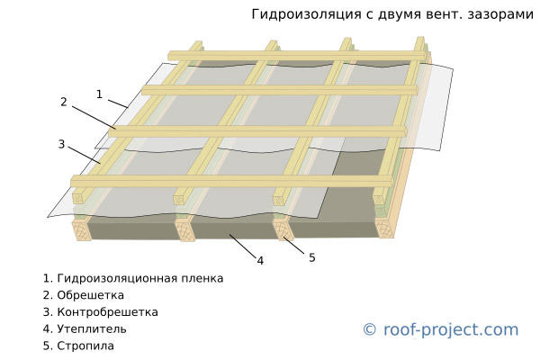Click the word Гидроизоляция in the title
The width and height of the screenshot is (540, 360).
coord(307,14)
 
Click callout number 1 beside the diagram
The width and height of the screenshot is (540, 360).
coord(99,94)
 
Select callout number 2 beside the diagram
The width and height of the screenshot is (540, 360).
coord(63,102)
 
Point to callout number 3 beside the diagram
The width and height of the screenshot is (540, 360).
coord(61,144)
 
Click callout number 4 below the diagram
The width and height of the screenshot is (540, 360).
coord(260,261)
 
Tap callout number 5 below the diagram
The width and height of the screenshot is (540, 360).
coord(312,257)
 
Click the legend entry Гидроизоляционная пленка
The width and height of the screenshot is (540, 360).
coord(133,278)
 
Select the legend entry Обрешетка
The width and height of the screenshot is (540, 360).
coord(84,295)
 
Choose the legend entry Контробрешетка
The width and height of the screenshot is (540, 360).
coord(101,312)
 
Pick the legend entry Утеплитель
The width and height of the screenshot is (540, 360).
coord(85,329)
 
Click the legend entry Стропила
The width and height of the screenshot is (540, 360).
coord(78,346)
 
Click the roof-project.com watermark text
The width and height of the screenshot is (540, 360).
coord(451,329)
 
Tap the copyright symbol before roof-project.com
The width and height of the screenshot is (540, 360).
coord(370,329)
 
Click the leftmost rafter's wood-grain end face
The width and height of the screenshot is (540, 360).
coord(82,230)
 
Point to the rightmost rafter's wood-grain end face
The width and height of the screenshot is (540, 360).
coord(384,228)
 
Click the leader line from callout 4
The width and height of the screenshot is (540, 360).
coord(243,247)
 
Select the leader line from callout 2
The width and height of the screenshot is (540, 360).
coord(94,118)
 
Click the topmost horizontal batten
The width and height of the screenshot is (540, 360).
coord(299,56)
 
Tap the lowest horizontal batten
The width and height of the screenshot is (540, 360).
coord(232,181)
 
